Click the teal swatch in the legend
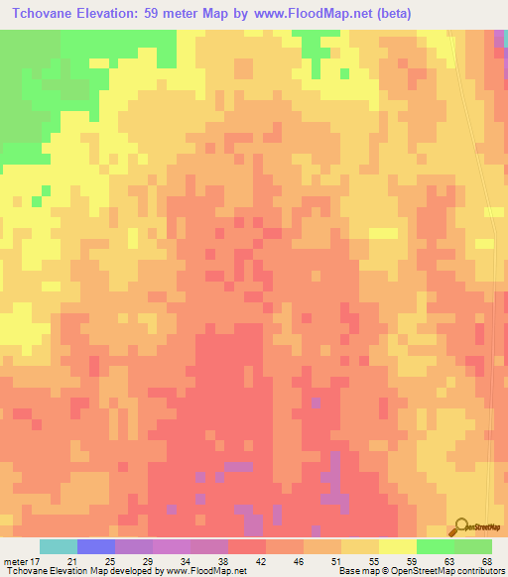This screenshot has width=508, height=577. coord(59,546)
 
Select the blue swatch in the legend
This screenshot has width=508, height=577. coord(96,546)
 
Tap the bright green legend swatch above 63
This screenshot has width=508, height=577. coord(435,546)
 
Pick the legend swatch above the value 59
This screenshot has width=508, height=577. coord(397,546)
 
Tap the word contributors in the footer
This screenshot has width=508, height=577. coord(480,571)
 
